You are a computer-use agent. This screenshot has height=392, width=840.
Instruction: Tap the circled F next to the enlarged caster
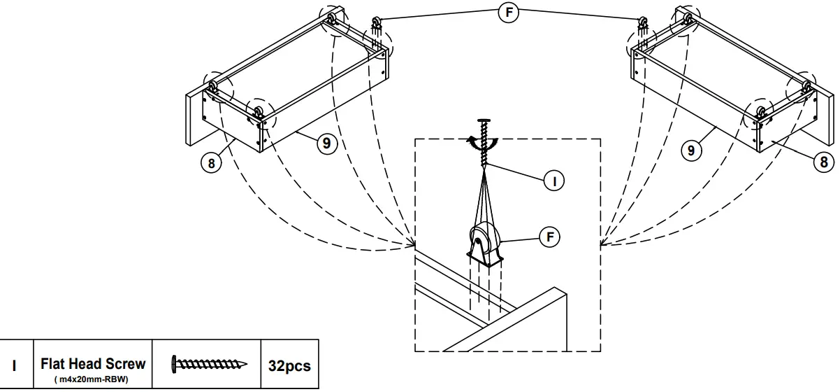[551, 237]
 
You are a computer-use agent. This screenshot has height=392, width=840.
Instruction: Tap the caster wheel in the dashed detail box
[484, 242]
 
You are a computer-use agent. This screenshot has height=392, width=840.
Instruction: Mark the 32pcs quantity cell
[289, 365]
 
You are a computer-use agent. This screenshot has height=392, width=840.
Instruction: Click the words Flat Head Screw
[93, 363]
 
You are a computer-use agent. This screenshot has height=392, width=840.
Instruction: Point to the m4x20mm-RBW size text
[93, 379]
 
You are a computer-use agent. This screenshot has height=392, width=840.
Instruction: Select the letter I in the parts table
[16, 365]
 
